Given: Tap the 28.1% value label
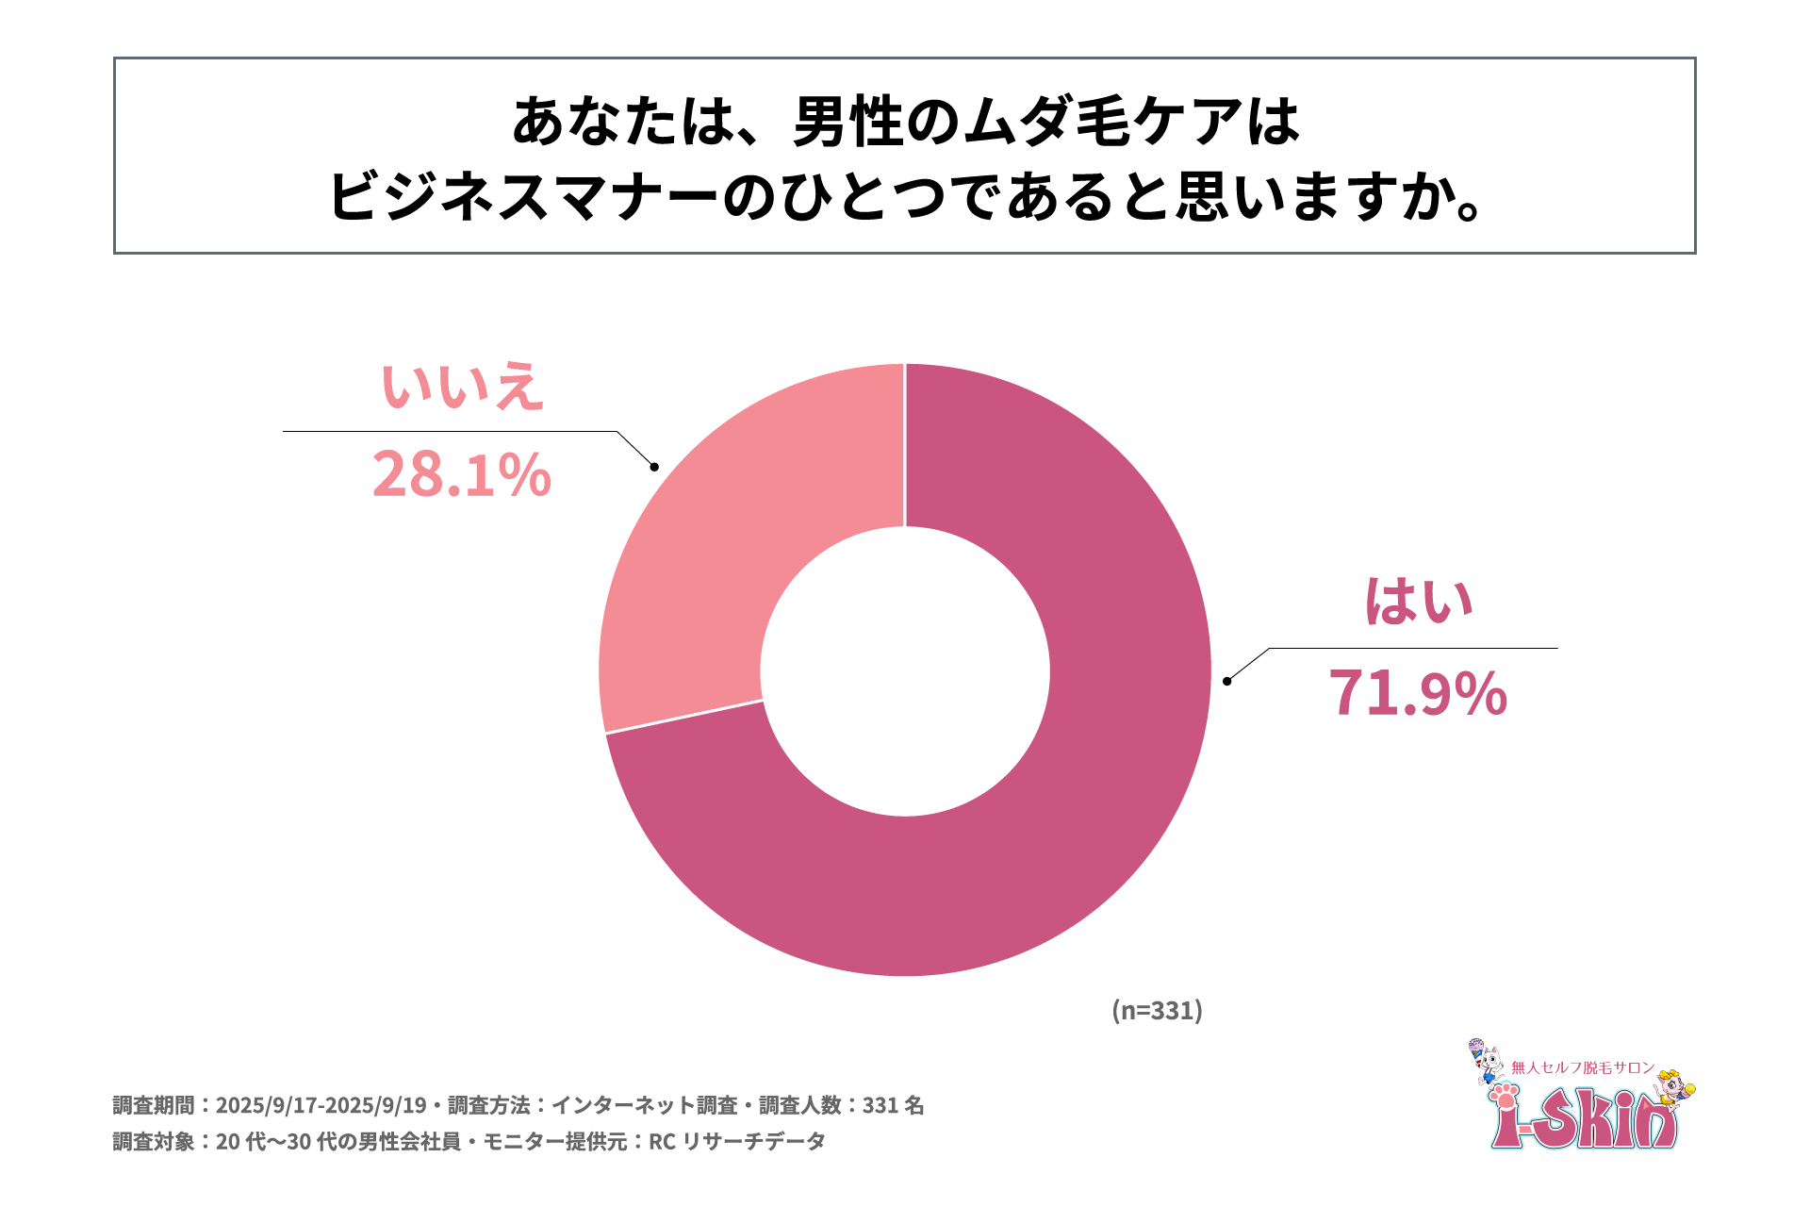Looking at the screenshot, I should pos(461,474).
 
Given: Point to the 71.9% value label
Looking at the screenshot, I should pos(1418,693).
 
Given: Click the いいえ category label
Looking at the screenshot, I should pos(462,387).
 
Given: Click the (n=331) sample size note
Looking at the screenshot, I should pos(1157,1010).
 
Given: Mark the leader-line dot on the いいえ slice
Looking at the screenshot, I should pos(654,467).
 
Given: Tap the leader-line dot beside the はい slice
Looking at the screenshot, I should pos(1226,681).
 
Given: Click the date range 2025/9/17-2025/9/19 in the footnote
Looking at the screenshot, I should pos(321,1105).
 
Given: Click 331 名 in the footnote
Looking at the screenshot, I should pos(893,1105).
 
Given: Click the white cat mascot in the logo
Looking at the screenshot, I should pos(1487,1062).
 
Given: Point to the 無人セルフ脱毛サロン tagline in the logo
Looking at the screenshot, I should pos(1583,1067).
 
